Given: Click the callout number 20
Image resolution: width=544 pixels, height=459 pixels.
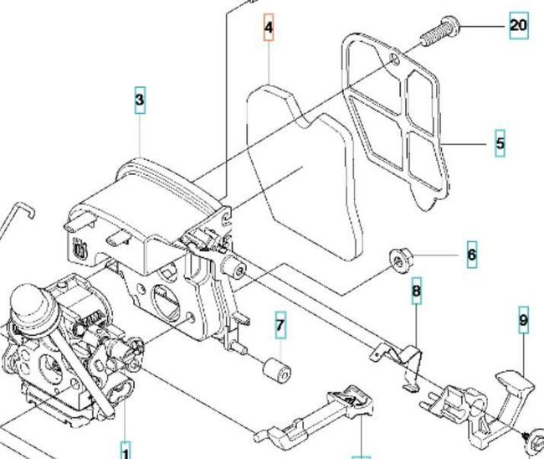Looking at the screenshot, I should pyautogui.click(x=518, y=25).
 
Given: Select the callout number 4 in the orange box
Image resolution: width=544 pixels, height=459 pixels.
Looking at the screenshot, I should pyautogui.click(x=268, y=28).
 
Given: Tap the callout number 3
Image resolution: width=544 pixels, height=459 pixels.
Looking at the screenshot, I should pyautogui.click(x=140, y=101).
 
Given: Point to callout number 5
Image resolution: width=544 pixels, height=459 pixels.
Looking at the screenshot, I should pyautogui.click(x=500, y=143).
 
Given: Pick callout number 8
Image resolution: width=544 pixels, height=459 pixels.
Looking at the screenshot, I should pyautogui.click(x=416, y=293).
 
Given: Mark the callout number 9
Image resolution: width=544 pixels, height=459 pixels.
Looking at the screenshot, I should pyautogui.click(x=523, y=320).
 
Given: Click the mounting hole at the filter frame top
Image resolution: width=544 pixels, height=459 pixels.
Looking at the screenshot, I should pyautogui.click(x=393, y=59).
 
